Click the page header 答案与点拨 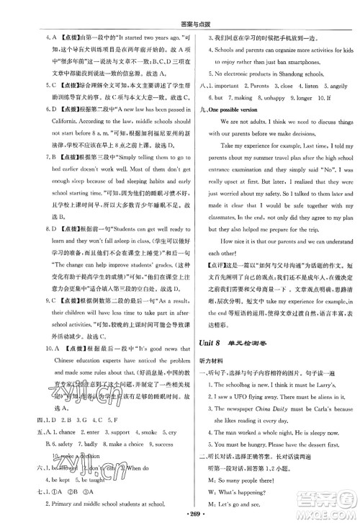click(x=180, y=11)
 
